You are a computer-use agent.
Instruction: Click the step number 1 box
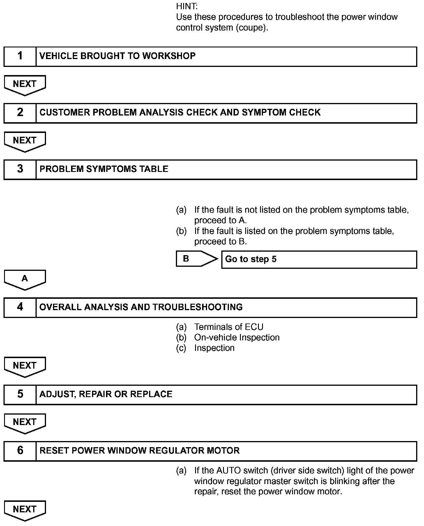(20, 56)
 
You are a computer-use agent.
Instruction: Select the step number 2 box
(20, 113)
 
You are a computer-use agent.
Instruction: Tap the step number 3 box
(20, 169)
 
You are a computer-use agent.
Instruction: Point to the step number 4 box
(20, 307)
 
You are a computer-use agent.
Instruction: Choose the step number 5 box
(20, 394)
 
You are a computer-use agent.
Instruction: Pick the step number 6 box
(20, 451)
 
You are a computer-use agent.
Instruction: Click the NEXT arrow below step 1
(25, 85)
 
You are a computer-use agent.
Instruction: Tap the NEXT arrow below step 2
(25, 141)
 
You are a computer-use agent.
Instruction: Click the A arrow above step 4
(25, 279)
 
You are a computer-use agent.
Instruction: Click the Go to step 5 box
(319, 259)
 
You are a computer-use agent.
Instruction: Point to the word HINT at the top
(187, 6)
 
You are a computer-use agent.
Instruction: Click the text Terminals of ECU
(229, 327)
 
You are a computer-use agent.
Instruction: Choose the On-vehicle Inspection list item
(237, 337)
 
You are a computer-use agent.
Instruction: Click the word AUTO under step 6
(228, 471)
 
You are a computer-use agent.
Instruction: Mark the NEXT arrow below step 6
(25, 510)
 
